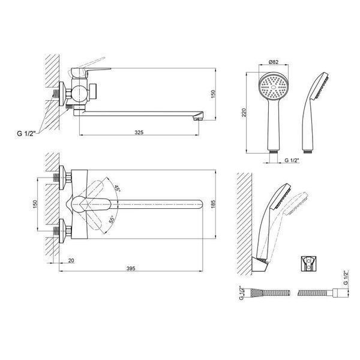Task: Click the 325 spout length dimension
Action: [139, 133]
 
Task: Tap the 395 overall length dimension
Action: [131, 268]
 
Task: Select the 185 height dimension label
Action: [213, 204]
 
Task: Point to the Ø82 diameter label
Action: [274, 62]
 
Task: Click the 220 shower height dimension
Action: [244, 113]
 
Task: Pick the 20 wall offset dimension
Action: [71, 260]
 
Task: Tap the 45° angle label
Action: [118, 188]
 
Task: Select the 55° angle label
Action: [112, 220]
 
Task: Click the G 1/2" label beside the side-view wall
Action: [26, 133]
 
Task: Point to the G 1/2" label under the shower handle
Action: [292, 160]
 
